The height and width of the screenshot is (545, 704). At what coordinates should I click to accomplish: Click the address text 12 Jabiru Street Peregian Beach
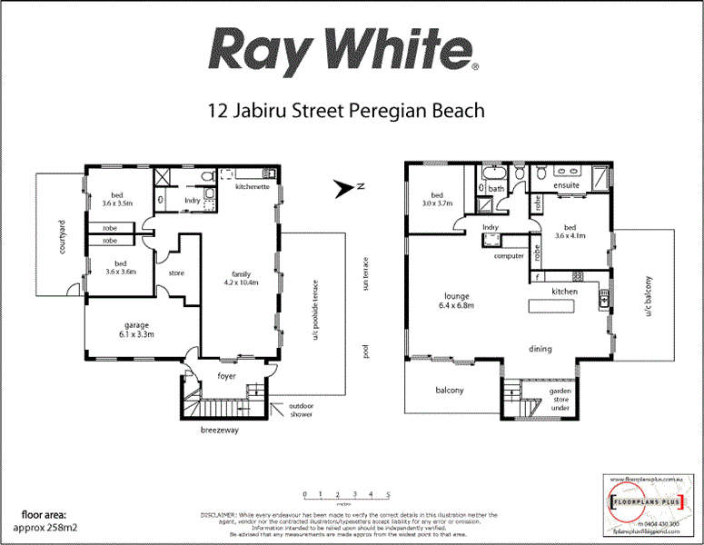[x=345, y=111]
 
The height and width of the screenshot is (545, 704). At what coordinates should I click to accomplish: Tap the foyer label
[x=227, y=375]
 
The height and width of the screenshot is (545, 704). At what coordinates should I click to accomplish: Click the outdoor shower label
[x=301, y=410]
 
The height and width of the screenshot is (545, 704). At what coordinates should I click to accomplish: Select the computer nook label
[x=509, y=255]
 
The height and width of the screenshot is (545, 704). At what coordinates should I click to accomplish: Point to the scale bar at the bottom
[x=347, y=497]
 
